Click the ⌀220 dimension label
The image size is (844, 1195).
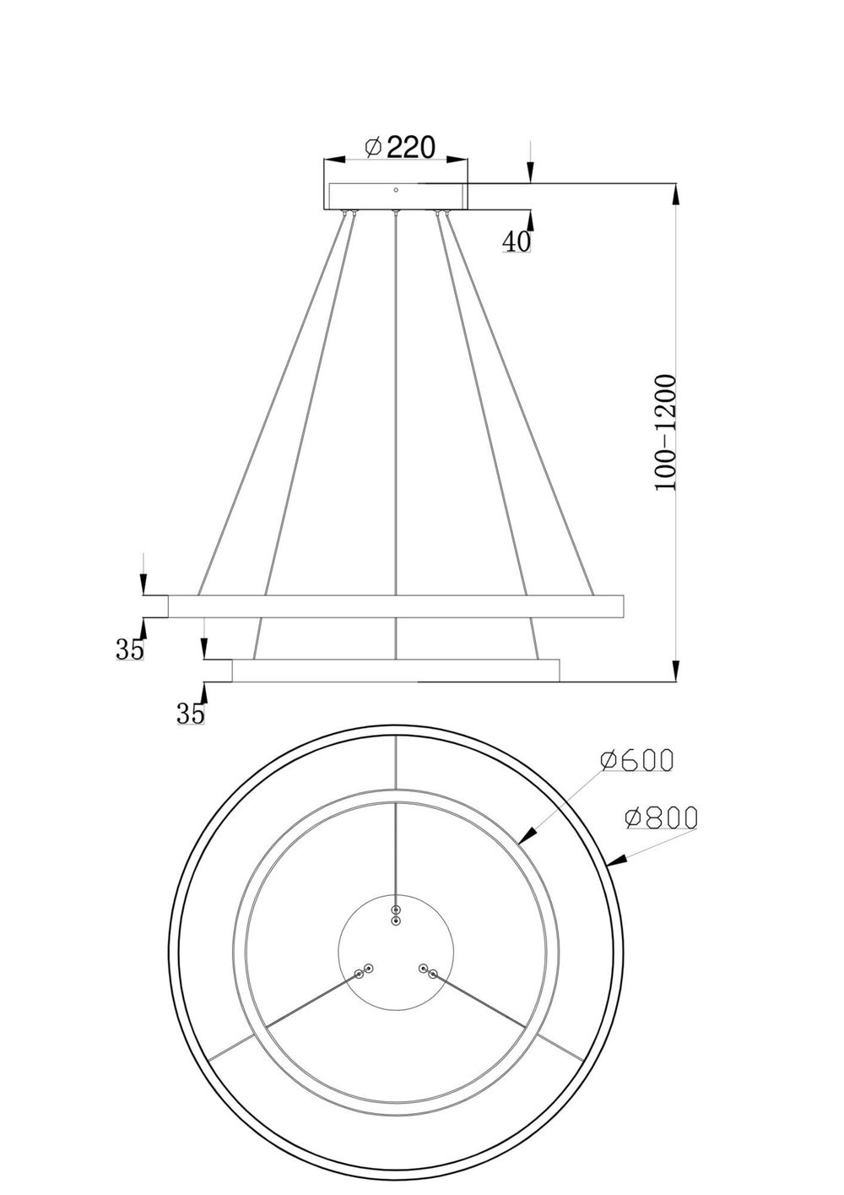(400, 148)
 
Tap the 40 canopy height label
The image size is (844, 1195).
(517, 242)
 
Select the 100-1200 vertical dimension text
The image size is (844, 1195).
(666, 433)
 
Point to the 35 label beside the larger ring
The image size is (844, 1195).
(130, 649)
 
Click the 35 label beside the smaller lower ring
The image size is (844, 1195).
(191, 714)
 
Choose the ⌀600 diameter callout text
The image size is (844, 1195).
(637, 760)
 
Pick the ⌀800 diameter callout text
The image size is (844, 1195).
(661, 817)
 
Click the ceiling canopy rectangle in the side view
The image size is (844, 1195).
(397, 197)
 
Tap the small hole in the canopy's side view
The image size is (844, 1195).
(396, 191)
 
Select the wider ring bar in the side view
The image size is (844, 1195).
(396, 606)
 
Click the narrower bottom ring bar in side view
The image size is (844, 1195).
(396, 670)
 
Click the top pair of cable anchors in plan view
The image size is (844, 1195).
(396, 915)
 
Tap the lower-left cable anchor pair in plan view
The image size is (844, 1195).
(363, 971)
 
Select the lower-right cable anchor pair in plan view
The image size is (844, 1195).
(427, 971)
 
